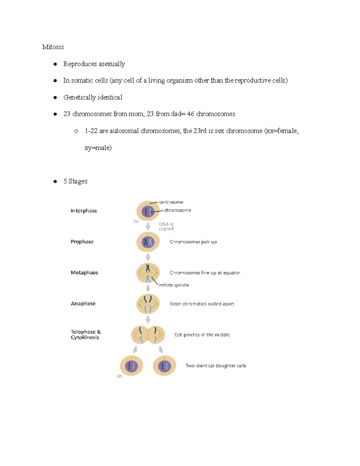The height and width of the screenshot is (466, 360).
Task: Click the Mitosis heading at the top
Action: coord(53,47)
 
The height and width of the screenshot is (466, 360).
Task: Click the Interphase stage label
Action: coord(84,211)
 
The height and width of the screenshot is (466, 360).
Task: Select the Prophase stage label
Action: coord(82,242)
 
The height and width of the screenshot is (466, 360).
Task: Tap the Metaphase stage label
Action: coord(84,272)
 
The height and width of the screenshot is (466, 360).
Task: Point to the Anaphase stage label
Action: coord(83,303)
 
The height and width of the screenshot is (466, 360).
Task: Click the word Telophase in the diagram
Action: coord(83,332)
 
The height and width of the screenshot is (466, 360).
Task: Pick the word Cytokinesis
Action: coord(85,337)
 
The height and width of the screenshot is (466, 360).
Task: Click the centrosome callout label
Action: coord(171,202)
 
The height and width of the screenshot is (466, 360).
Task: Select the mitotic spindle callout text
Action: coord(174,285)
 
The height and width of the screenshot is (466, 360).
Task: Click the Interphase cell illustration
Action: coord(148,211)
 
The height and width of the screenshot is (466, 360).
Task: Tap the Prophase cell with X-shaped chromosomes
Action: coord(148,242)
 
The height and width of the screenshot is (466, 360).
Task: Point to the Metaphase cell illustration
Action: coord(148,273)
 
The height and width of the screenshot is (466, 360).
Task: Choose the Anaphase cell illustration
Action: coord(148,304)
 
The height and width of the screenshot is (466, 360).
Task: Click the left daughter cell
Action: coord(131,365)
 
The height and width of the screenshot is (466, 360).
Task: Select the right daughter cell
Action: coord(164,365)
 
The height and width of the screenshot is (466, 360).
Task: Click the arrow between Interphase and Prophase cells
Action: coord(148,226)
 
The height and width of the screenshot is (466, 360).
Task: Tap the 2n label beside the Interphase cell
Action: coord(136,221)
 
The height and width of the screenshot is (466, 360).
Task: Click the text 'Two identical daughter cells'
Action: coord(216,365)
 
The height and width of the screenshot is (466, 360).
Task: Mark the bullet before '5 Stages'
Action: coord(55,181)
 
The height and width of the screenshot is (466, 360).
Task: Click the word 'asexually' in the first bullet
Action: coord(112,64)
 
